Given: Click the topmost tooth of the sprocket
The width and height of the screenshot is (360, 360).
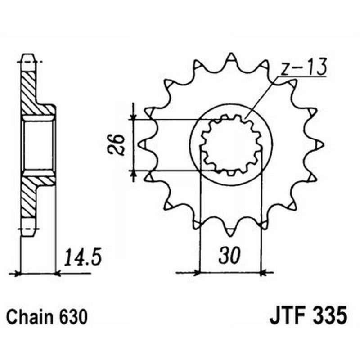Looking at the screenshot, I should (231, 58).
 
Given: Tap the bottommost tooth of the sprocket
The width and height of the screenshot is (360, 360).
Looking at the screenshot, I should (230, 231).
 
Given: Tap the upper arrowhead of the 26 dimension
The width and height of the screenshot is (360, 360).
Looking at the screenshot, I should (134, 117).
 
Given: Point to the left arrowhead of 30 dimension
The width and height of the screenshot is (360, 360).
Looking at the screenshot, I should (196, 272).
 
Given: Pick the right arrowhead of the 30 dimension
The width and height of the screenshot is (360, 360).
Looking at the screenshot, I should (265, 272).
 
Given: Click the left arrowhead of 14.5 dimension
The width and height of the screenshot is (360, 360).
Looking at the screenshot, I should (18, 272).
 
